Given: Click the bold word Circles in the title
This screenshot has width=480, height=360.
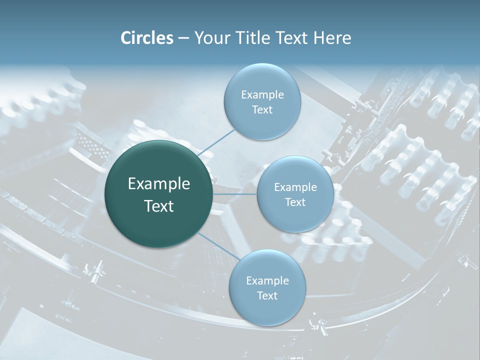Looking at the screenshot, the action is pyautogui.click(x=147, y=38).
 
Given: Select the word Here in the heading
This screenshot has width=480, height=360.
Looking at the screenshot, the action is pyautogui.click(x=332, y=38).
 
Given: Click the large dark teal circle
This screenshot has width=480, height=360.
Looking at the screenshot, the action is pyautogui.click(x=158, y=194).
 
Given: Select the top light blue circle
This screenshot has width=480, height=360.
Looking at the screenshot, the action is pyautogui.click(x=262, y=101).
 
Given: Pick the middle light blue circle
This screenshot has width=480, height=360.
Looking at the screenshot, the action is pyautogui.click(x=295, y=194).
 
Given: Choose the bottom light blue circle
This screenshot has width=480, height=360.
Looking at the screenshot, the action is pyautogui.click(x=267, y=288).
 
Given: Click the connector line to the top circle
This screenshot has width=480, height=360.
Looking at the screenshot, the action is pyautogui.click(x=216, y=142).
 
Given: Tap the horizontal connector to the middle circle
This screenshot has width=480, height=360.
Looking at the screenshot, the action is pyautogui.click(x=235, y=194).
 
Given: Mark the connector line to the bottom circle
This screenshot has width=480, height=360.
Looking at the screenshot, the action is pyautogui.click(x=219, y=246).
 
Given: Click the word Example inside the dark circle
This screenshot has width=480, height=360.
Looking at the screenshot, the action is pyautogui.click(x=159, y=184).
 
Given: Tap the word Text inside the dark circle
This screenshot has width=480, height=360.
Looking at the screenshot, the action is pyautogui.click(x=159, y=206).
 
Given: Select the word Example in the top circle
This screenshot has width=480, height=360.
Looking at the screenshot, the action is pyautogui.click(x=262, y=95).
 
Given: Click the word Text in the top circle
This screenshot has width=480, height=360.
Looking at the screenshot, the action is pyautogui.click(x=262, y=109).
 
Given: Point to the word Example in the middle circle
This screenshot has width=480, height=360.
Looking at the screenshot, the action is pyautogui.click(x=295, y=187).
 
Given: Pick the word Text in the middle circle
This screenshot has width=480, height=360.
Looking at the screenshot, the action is pyautogui.click(x=295, y=202).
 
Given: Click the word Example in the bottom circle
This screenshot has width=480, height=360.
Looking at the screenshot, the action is pyautogui.click(x=267, y=281).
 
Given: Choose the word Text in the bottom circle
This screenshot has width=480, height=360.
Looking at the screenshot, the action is pyautogui.click(x=267, y=295).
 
